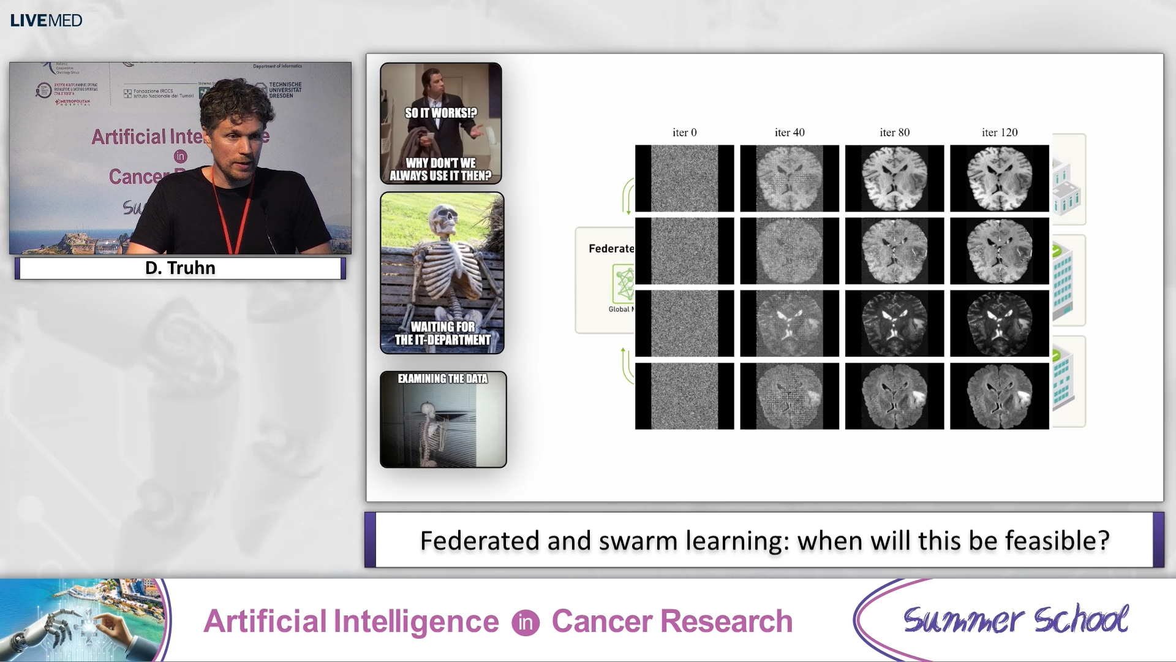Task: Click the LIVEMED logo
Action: point(46,20)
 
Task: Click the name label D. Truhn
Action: point(180,268)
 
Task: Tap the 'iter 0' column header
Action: point(684,132)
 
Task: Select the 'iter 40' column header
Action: point(790,132)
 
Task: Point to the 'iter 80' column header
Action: point(894,132)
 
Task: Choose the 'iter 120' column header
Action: point(1000,132)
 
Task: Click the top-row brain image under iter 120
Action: point(1000,178)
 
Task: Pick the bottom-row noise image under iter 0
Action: point(684,396)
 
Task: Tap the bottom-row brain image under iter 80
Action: point(894,396)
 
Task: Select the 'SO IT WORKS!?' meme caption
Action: point(440,113)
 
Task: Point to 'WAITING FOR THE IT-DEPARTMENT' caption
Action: point(442,333)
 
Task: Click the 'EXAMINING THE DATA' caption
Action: point(442,379)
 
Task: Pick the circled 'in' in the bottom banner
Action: point(526,622)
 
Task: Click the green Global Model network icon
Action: point(624,284)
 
